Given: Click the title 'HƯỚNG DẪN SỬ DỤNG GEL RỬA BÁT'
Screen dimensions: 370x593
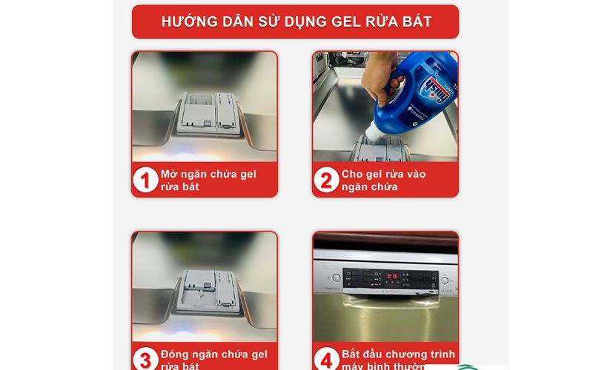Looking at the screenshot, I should pos(296,21).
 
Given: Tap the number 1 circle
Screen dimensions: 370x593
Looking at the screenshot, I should pos(145,180).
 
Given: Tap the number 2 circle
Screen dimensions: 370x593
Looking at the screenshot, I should pos(326,180).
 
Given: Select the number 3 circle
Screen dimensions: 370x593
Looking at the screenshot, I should pos(145,360).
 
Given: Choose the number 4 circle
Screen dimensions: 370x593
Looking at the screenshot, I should pos(326,360).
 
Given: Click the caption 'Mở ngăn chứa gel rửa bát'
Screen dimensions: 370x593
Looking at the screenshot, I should pos(208,180).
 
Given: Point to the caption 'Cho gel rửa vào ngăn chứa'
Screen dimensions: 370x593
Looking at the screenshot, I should pos(383,180).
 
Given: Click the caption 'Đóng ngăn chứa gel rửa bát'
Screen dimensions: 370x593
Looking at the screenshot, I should pos(213,360).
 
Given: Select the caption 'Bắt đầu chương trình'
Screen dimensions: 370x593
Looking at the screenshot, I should pos(398,354).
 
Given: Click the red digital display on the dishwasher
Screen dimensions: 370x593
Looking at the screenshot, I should pos(391,277).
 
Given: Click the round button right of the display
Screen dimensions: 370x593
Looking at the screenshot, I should pos(445,280).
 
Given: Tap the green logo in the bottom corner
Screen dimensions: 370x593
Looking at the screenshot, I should pos(467,366).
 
